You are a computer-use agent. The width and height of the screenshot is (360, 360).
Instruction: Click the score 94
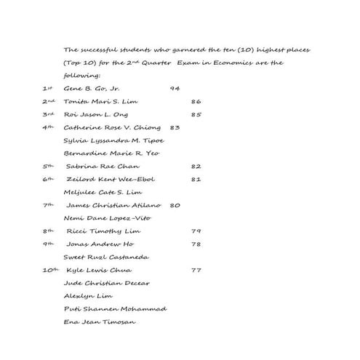[175, 88]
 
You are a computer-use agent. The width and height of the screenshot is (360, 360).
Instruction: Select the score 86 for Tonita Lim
[196, 101]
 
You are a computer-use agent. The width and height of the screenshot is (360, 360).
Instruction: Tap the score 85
[196, 114]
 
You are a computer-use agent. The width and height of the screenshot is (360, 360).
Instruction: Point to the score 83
[175, 127]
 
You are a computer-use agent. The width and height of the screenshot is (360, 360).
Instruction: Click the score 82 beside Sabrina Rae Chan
[196, 167]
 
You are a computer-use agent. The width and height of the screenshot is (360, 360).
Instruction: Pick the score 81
[196, 179]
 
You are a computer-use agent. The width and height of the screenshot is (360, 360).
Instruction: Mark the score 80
[175, 205]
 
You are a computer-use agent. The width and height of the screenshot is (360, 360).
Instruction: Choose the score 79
[196, 231]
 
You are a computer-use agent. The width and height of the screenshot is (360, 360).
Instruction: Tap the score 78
[196, 244]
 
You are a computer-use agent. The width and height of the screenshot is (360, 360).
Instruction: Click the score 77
[196, 270]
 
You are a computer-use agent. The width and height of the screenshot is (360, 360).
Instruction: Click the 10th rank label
[49, 269]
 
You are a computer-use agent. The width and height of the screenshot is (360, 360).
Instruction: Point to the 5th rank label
[48, 166]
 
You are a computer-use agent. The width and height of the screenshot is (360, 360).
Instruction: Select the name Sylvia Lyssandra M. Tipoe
[113, 140]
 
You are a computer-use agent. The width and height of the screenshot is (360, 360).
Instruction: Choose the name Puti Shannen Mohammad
[115, 309]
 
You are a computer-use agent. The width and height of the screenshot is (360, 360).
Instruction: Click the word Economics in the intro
[252, 63]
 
